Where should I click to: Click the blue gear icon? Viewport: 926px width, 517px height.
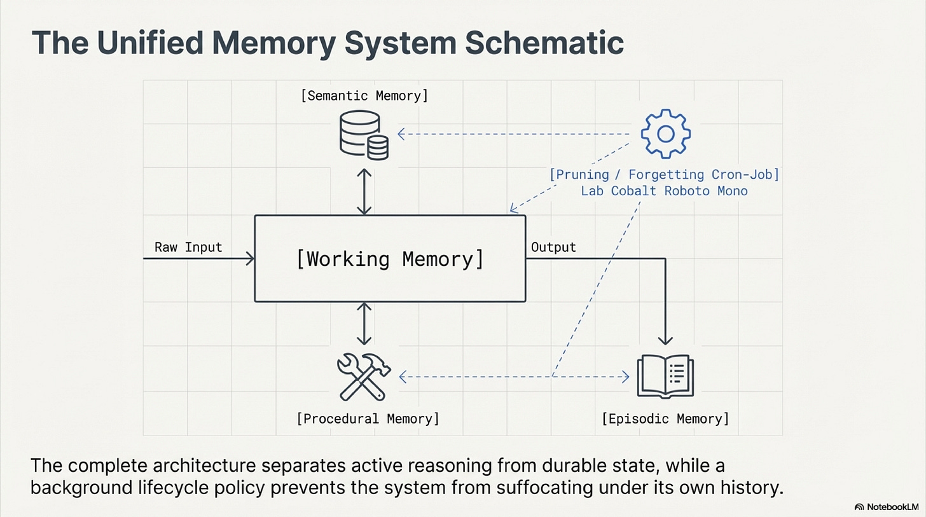[665, 134]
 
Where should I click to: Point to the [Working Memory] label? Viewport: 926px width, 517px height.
[390, 259]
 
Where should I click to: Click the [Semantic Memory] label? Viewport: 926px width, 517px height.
[364, 96]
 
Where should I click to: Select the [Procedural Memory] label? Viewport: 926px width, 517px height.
[368, 418]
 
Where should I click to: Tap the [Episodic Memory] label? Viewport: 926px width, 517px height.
[665, 418]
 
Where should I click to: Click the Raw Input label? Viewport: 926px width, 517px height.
[188, 247]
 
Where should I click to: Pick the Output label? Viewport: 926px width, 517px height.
[553, 247]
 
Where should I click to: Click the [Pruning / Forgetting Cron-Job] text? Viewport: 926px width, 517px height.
[665, 174]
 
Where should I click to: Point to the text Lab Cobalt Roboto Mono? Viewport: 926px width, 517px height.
[665, 190]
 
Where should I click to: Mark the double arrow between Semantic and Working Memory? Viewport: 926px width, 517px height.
[364, 191]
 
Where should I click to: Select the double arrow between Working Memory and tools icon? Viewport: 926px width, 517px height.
[364, 324]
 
